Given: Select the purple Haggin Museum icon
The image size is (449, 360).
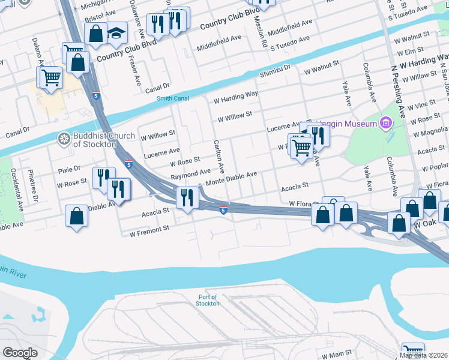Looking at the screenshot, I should [385, 124].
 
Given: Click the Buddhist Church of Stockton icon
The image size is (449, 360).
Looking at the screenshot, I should [64, 139].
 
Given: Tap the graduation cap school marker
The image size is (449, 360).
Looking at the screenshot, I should [116, 33].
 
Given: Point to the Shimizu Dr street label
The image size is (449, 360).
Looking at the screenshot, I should [275, 71].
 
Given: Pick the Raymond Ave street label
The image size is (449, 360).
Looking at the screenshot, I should [191, 174].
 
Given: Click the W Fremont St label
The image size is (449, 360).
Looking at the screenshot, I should [149, 230].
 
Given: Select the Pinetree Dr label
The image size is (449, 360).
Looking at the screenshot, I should [36, 189].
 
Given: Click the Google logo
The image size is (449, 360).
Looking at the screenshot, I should [20, 353].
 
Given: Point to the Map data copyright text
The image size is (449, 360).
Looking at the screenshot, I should [423, 355].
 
